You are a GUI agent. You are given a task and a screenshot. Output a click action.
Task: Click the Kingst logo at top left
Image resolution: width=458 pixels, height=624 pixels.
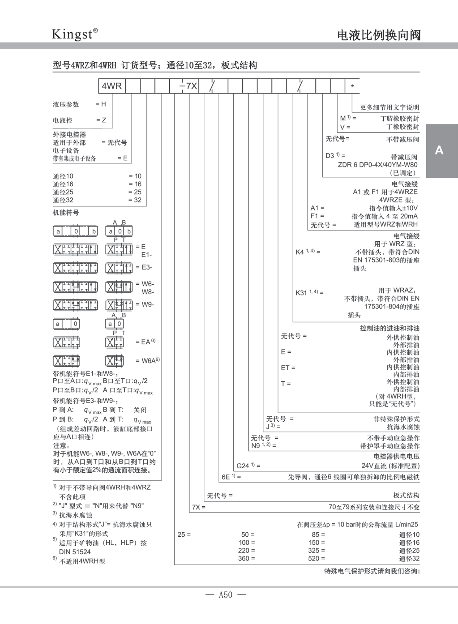point(74,34)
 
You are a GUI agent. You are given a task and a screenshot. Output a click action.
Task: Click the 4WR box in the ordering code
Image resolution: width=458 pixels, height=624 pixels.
point(112,86)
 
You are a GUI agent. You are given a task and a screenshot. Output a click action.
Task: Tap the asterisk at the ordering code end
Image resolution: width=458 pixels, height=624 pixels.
point(353,86)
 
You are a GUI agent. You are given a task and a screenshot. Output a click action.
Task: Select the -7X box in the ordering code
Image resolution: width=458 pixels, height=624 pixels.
point(189,86)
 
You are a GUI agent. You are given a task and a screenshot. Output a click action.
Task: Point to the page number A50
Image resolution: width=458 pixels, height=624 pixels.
point(226,595)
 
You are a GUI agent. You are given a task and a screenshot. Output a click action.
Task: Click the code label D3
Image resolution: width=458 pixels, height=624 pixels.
point(330,156)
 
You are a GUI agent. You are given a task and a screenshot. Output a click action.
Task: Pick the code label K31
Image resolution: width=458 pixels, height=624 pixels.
point(301,293)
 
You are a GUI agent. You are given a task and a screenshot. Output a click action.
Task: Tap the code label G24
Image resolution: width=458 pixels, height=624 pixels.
point(243,466)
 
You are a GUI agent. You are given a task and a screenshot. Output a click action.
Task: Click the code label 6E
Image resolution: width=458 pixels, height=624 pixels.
point(226,477)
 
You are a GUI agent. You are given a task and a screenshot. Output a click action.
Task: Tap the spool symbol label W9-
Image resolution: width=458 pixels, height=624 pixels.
point(147,304)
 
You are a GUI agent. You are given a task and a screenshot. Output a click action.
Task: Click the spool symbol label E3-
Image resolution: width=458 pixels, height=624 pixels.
point(147,267)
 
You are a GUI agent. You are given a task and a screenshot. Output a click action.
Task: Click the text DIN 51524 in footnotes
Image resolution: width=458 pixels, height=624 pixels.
point(75,552)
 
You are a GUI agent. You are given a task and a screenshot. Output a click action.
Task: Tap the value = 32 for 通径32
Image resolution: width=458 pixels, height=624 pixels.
point(135,200)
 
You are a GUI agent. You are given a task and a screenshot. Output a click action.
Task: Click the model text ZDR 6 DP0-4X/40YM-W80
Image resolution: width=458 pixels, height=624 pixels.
point(377,165)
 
